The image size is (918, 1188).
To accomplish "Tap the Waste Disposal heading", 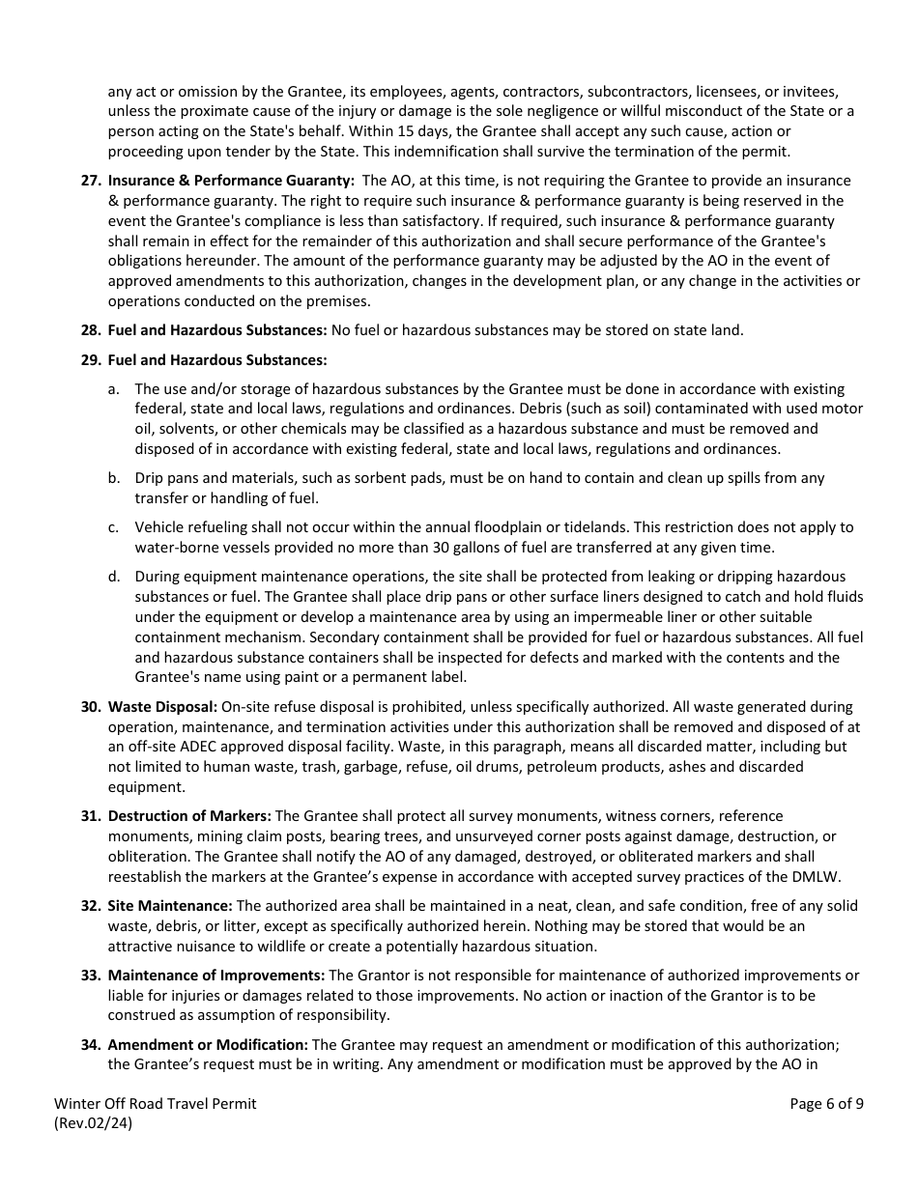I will (157, 707).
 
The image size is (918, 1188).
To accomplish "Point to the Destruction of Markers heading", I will (189, 816).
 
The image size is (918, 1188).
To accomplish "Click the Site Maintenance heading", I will (170, 906).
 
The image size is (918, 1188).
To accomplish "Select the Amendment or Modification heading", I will (208, 1045).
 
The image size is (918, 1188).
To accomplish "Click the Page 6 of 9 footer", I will (826, 1104).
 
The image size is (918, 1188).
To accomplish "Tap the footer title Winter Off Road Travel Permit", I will (156, 1104).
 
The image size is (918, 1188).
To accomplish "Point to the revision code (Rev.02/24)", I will (94, 1123).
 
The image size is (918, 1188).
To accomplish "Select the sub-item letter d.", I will (113, 577).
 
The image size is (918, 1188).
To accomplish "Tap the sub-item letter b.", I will (113, 478).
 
